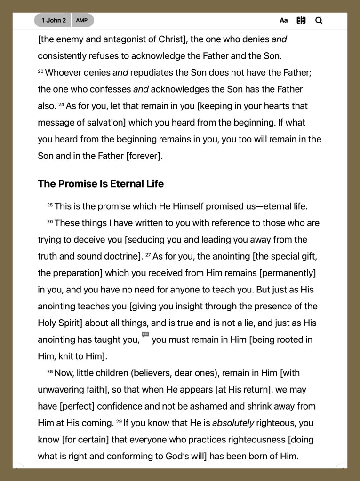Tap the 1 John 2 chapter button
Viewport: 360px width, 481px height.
tap(53, 20)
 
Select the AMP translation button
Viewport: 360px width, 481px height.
tap(82, 20)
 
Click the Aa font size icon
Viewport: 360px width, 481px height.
tap(283, 20)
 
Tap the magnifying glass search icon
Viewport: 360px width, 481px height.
tap(319, 20)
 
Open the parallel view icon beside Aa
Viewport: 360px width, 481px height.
tap(301, 20)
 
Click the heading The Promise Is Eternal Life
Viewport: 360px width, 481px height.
tap(101, 184)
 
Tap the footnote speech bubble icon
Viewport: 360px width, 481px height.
tap(145, 335)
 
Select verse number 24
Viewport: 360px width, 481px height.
tap(61, 105)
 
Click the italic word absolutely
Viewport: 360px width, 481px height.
tap(233, 423)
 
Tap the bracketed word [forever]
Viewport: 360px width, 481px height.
tap(144, 156)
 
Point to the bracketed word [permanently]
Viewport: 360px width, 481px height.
tap(288, 273)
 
